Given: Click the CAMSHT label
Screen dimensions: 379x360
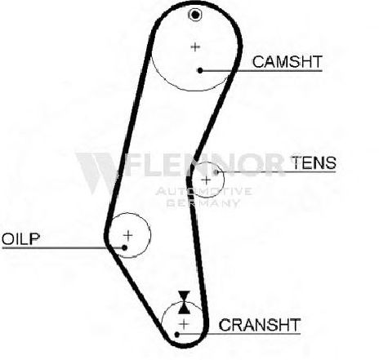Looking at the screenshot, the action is pos(288,62).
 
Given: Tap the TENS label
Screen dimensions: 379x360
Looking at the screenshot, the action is pos(314,162).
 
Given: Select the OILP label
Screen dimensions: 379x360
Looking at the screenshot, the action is pos(21,239).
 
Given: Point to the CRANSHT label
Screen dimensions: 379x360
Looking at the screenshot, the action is pos(260,325).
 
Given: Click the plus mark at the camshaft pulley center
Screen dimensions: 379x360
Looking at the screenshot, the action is pos(195,47).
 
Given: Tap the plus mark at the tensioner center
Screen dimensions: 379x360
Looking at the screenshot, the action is pos(207,180).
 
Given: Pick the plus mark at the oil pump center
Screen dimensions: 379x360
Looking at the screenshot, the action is pos(127,235).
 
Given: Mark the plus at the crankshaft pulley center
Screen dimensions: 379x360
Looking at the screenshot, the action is pos(185,324).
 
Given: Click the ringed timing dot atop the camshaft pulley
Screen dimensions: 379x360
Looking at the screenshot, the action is pos(195,15).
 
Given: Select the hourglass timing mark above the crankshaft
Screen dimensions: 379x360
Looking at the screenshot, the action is pos(184,302).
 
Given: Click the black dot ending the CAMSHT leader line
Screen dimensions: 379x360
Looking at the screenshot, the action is pos(200,70).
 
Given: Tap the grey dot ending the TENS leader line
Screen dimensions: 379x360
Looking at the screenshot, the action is pos(216,172).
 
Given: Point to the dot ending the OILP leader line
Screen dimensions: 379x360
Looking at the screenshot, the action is pos(124,247).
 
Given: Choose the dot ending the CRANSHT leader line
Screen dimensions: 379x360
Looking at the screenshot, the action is pos(177,335).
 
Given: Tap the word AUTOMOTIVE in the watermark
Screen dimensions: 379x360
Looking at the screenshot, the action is pos(203,191).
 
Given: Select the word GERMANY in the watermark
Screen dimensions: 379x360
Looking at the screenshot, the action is pos(203,203).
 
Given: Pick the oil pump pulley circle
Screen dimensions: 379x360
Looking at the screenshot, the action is pos(150,235).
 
